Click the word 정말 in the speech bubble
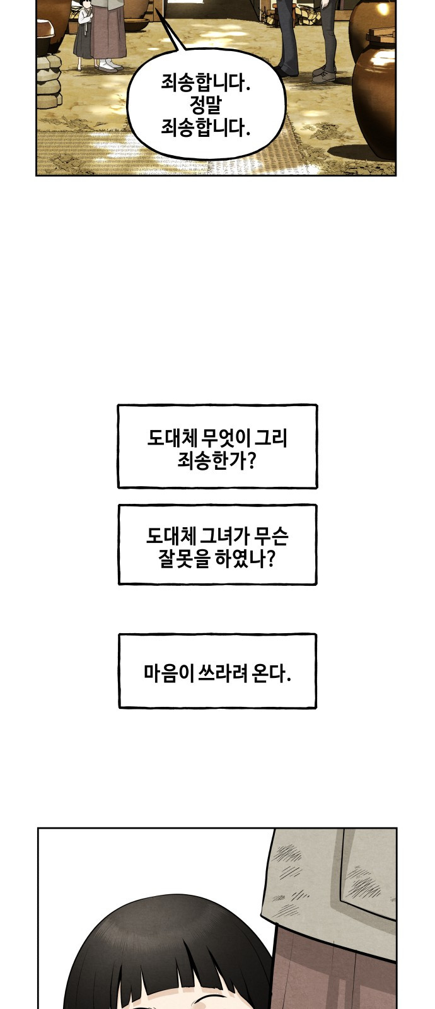[206, 106]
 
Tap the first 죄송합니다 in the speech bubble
[206, 83]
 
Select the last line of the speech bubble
[206, 128]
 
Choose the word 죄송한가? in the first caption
[217, 461]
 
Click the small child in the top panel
[85, 36]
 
